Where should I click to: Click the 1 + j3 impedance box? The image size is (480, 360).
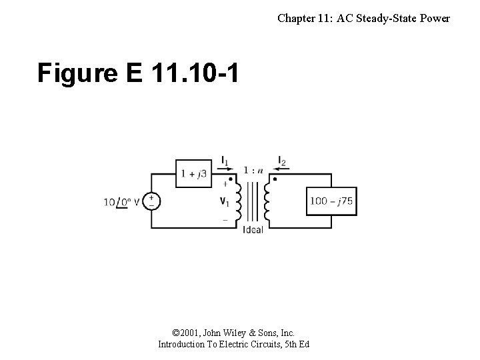[194, 174]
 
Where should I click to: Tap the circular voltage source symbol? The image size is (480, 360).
[151, 201]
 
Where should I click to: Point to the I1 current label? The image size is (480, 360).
[225, 161]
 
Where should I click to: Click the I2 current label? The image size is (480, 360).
[282, 161]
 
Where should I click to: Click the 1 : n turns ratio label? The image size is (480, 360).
[253, 170]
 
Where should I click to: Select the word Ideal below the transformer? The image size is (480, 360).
[253, 230]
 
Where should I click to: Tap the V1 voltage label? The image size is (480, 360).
[225, 201]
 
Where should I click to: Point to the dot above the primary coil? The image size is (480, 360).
[231, 179]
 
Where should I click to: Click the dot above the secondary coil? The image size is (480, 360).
[275, 179]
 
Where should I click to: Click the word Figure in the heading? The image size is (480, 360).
[79, 74]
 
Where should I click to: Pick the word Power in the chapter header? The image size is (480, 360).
[434, 19]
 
